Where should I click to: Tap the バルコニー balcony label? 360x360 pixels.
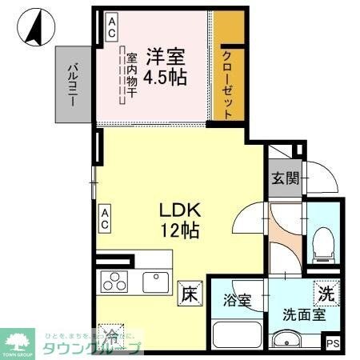tap(71, 83)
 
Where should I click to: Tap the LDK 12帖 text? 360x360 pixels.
tap(180, 218)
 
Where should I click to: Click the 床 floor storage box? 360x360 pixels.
tap(188, 293)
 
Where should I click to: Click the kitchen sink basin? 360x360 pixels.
tap(154, 282)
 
